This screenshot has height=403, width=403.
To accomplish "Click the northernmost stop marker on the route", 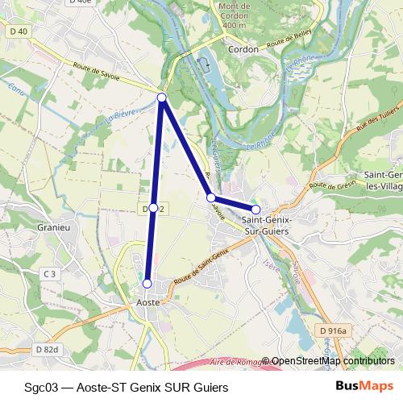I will (161, 98).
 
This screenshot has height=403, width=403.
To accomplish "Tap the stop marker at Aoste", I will (147, 284).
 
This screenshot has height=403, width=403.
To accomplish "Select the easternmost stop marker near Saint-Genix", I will (256, 210).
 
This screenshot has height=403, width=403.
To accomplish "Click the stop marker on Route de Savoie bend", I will (210, 197).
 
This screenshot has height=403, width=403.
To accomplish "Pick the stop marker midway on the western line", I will (153, 208).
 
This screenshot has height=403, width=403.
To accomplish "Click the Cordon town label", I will (243, 49).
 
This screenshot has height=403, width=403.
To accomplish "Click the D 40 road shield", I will (19, 31).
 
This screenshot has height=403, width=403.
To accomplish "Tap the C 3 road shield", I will (51, 274).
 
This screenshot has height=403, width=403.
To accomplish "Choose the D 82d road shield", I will (47, 349).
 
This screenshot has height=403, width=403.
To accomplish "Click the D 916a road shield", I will (331, 331).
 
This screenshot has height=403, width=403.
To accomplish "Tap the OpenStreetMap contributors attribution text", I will (333, 361).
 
